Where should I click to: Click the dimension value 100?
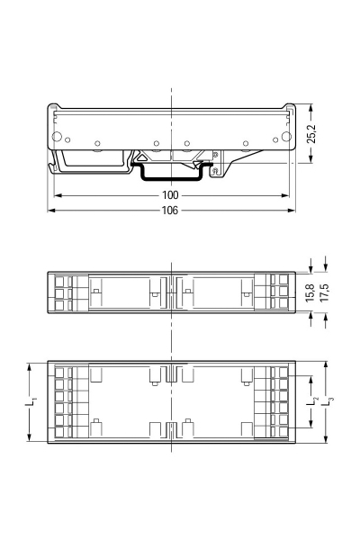tap(170, 194)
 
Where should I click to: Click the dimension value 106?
tap(170, 210)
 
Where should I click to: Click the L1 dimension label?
tap(32, 403)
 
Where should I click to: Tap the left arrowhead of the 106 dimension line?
tap(51, 210)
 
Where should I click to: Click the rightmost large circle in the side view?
tap(287, 137)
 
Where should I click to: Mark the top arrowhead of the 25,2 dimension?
tap(310, 105)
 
